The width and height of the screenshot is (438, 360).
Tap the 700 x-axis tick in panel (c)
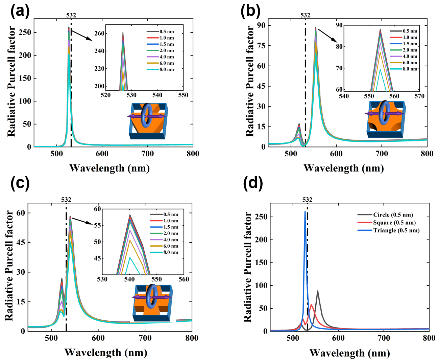(x=145, y=338)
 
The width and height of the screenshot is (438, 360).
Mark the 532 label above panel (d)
(x=307, y=200)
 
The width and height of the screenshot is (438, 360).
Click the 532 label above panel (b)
(x=305, y=15)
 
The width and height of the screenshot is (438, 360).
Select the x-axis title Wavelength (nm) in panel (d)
(x=349, y=353)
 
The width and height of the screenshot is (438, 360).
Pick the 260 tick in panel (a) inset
(x=99, y=33)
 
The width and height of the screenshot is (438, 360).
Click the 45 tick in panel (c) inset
(x=97, y=258)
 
